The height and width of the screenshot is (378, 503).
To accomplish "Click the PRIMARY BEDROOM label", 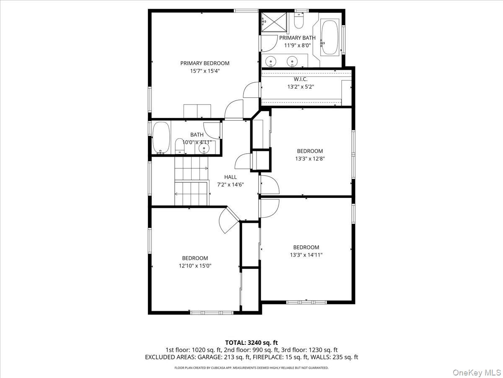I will [x=205, y=63].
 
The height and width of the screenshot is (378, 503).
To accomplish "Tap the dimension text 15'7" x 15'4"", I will [x=205, y=71].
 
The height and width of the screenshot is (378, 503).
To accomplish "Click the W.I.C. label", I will [x=301, y=79].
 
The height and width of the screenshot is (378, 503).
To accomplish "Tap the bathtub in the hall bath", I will [x=161, y=138].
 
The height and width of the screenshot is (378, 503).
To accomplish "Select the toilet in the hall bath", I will [x=179, y=147].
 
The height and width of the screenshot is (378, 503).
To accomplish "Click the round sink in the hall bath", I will [x=205, y=147].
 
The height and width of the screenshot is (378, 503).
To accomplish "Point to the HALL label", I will [x=230, y=177].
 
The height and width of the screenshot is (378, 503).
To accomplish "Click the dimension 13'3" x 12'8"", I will [x=310, y=159].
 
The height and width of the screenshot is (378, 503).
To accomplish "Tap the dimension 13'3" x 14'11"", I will [x=306, y=255].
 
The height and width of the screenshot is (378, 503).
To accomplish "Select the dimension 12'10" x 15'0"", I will [x=194, y=266].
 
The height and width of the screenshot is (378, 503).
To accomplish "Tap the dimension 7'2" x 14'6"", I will [x=230, y=185].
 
